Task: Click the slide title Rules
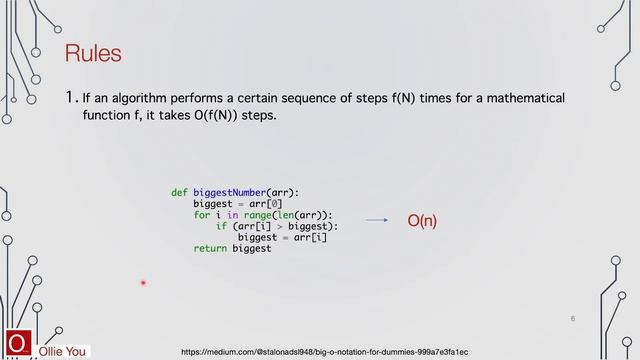coord(92,53)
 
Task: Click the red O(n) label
coord(422,220)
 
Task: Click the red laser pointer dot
coord(143,283)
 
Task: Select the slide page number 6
coord(573,318)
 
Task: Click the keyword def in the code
coord(179,191)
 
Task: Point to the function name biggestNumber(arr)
coord(245,191)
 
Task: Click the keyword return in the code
coord(210,248)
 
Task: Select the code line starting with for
coord(263,214)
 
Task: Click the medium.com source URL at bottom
coord(324,352)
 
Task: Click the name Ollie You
coord(62,352)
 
